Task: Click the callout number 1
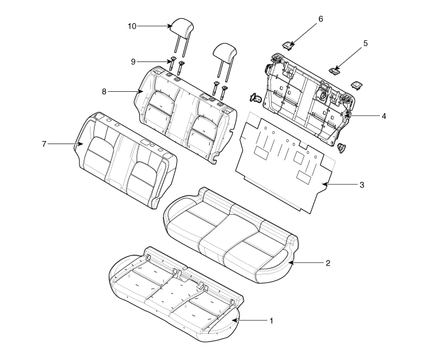271,321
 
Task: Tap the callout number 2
328,263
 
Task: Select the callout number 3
362,185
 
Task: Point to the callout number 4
383,116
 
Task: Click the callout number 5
365,43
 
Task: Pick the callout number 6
321,19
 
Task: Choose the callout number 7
44,144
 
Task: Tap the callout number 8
104,92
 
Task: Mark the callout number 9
133,61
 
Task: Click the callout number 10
132,26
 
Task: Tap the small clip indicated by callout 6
288,46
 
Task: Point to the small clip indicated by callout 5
334,71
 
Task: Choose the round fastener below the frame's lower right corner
342,148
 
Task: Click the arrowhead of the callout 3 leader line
325,185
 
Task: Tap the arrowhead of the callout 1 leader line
234,321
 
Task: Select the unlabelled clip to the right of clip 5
356,85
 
